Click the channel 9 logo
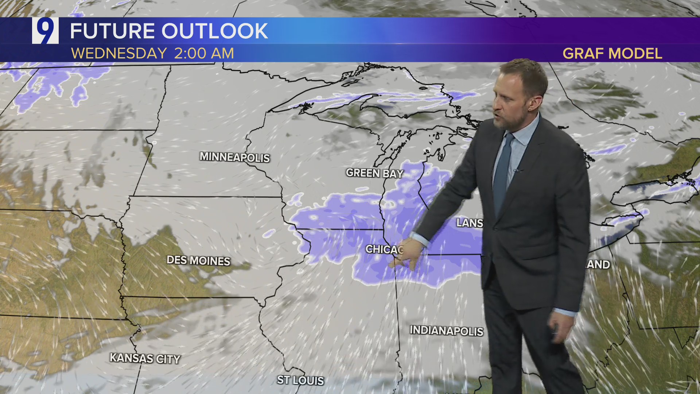(x=45, y=31)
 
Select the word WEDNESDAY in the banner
(x=119, y=54)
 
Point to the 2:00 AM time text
(x=204, y=54)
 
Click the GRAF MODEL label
(x=612, y=54)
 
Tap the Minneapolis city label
(x=234, y=157)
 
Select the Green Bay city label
(x=374, y=173)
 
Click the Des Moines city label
(x=198, y=260)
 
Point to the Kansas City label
(x=145, y=358)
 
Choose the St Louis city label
(x=300, y=380)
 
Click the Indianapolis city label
(x=446, y=331)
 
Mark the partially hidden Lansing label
(x=470, y=223)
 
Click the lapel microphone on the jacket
(x=516, y=170)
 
